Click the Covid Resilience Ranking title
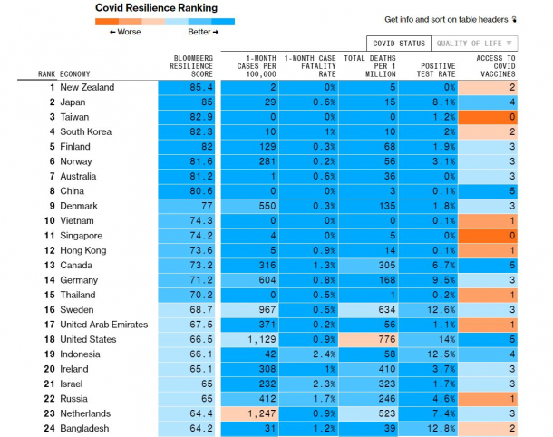156,8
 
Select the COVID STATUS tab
399,44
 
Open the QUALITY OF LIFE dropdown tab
474,44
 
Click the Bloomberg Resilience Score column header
191,66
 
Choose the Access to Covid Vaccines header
496,66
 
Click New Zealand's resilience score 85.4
187,87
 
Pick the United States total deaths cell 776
369,339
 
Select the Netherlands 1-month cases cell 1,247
249,413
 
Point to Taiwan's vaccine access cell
488,117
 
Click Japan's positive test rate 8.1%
428,102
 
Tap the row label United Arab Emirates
104,325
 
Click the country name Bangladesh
84,428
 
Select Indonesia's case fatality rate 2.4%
308,354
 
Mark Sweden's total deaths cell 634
369,310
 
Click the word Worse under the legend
129,32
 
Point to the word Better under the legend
199,32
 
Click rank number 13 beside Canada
49,266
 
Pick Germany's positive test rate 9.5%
428,280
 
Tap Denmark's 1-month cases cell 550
249,206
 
